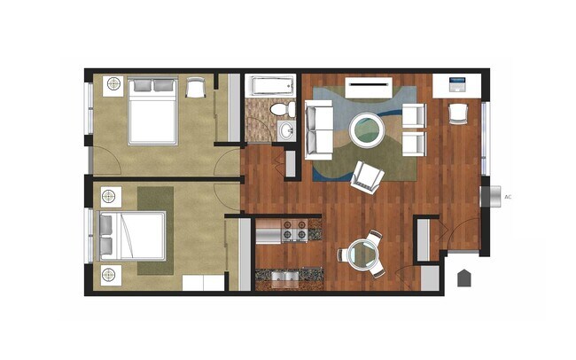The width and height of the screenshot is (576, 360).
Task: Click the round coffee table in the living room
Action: pos(367,131)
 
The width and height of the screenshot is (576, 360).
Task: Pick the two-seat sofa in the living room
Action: pos(319,129)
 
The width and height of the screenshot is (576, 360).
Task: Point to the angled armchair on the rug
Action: pos(367,176)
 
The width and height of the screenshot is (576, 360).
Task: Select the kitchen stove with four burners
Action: pos(293,231)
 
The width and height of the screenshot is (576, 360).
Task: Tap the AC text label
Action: pos(508,197)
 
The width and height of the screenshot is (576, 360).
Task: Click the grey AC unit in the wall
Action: pos(486,196)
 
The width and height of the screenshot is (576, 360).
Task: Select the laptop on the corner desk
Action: pos(457,86)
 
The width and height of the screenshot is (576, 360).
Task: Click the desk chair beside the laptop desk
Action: pos(457,113)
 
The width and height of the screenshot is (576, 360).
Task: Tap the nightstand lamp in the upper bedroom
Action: pos(113,85)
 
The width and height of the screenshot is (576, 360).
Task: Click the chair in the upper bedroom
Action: pos(194,87)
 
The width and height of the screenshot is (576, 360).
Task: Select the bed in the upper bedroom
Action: pos(152,111)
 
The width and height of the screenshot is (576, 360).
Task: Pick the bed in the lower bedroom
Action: pos(133,236)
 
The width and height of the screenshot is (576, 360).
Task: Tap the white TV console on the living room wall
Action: pos(368,87)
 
